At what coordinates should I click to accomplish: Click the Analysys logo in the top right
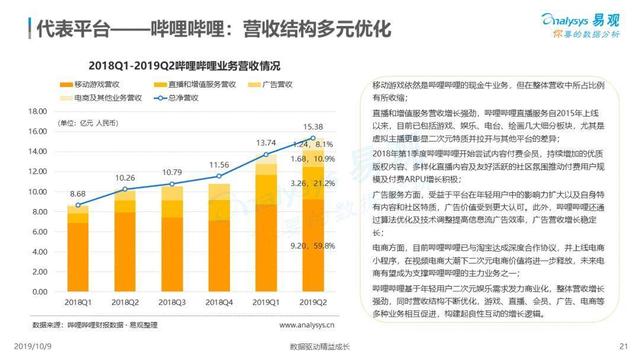(576, 20)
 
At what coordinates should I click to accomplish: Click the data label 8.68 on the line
(79, 195)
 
